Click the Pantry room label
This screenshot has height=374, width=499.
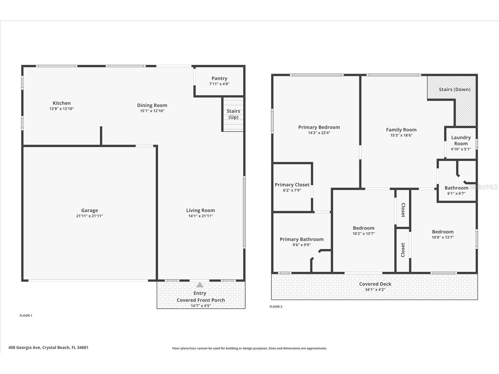click(219, 79)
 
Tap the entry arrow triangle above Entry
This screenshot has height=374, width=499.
click(200, 285)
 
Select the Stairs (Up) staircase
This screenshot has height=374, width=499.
click(233, 114)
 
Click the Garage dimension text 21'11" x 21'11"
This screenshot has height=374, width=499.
click(90, 216)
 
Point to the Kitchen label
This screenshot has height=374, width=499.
click(61, 103)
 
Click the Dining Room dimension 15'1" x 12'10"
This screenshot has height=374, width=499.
click(152, 111)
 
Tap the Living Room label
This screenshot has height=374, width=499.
click(201, 210)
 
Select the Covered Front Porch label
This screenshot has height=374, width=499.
click(201, 300)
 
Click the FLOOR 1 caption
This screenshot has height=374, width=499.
click(26, 315)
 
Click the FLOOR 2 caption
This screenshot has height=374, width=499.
click(276, 307)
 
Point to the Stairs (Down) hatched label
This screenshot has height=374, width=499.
click(454, 89)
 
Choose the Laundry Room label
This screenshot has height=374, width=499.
click(461, 140)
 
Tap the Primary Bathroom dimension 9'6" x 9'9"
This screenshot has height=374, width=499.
click(301, 245)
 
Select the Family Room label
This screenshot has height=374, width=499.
click(401, 130)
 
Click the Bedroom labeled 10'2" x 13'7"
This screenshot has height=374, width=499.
click(363, 231)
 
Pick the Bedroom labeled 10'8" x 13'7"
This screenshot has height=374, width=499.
click(443, 234)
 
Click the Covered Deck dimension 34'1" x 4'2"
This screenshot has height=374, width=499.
click(375, 290)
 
